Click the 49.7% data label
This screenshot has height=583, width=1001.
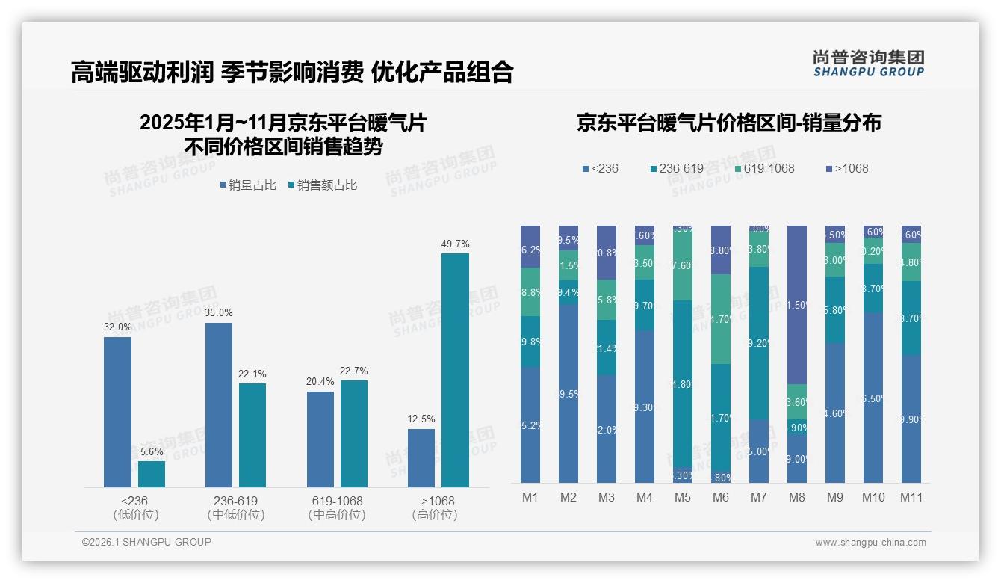pos(455,244)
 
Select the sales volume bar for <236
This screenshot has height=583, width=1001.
pos(117,412)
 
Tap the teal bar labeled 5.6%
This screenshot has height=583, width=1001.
pos(151,474)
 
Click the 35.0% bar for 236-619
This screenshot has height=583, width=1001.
pos(219,404)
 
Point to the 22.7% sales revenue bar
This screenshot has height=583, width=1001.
pos(354,434)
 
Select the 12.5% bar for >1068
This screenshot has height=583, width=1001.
pos(421,457)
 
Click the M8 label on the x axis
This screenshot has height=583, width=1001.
pos(797,497)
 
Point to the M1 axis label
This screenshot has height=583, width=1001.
pos(530,497)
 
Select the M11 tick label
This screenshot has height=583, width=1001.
pos(911,497)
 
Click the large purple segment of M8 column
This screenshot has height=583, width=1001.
pos(797,304)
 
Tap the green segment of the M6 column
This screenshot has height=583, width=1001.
pos(721,319)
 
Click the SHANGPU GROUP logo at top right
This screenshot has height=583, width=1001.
pos(869,64)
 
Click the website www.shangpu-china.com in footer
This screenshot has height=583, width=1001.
pos(870,543)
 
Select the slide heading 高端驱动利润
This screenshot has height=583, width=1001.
pos(141,72)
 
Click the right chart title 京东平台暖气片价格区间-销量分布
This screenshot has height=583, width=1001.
pos(728,123)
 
